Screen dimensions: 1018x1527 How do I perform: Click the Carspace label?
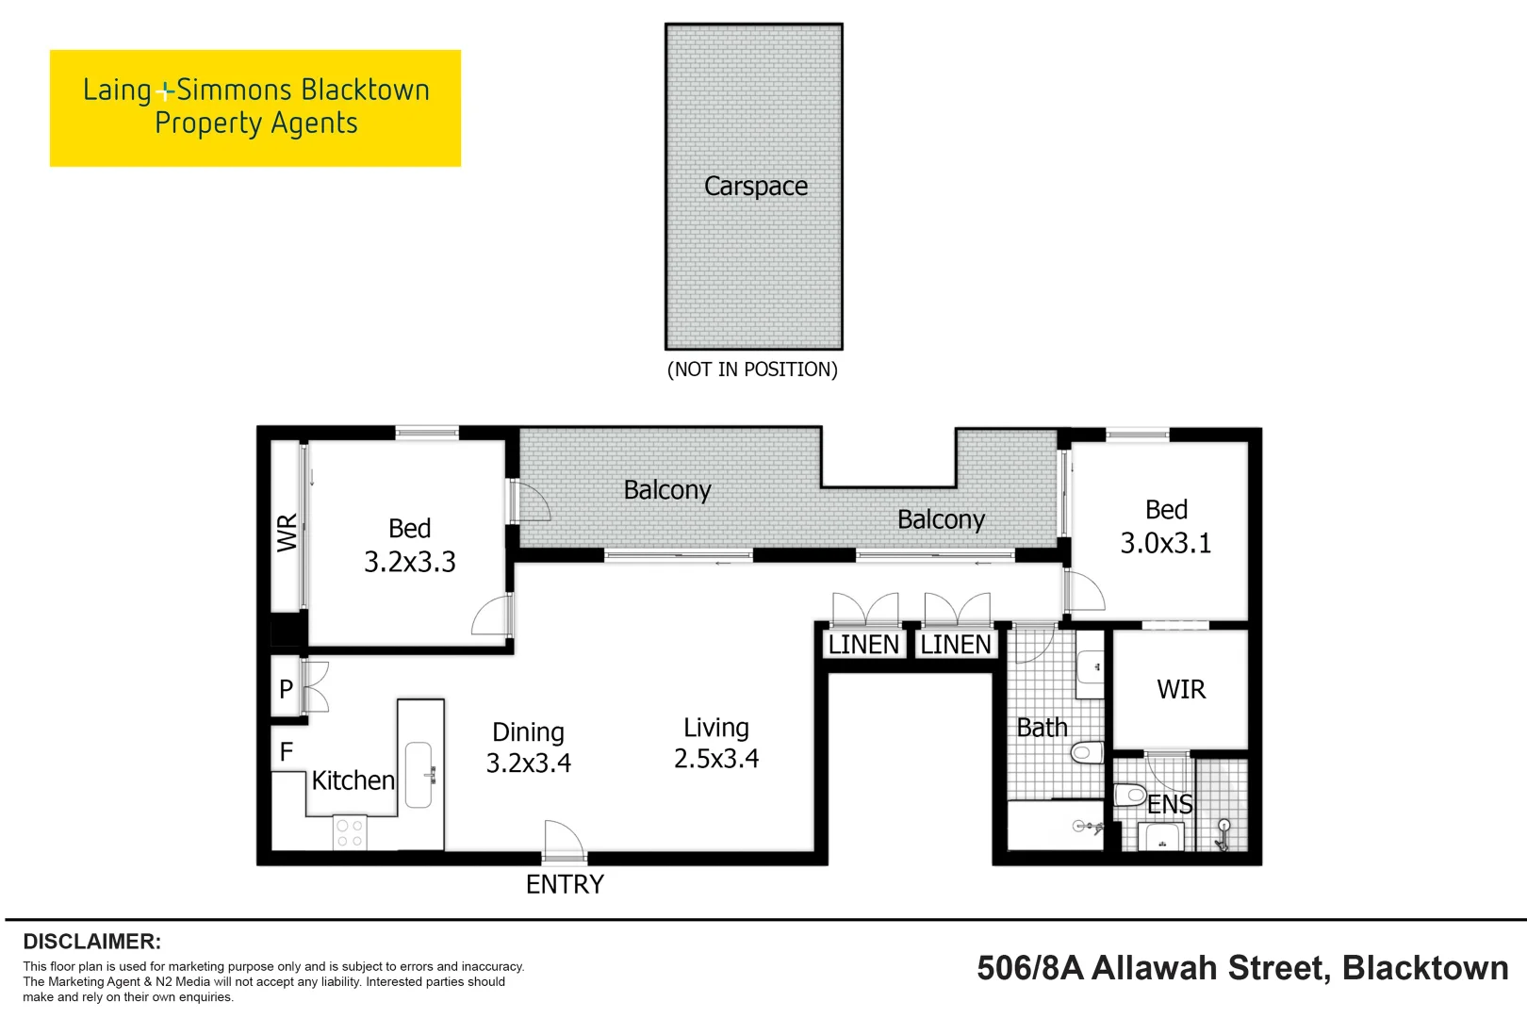tap(755, 187)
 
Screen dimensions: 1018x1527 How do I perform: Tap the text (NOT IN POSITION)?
tap(752, 369)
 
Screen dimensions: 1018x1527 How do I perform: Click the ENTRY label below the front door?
tap(565, 884)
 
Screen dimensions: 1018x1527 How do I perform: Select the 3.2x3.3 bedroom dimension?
tap(410, 562)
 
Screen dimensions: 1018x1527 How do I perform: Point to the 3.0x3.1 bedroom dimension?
tap(1165, 543)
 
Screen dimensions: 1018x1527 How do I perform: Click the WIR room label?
tap(1181, 689)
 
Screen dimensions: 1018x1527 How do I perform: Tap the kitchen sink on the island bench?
tap(419, 775)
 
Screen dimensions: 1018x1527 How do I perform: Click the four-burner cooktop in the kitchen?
tap(350, 833)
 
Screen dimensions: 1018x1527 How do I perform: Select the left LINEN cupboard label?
tap(863, 645)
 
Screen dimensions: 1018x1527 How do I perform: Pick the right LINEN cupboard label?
tap(956, 645)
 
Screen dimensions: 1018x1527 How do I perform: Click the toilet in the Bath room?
tap(1087, 752)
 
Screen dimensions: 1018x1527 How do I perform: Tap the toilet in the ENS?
tap(1130, 795)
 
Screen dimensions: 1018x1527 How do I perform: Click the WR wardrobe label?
tap(287, 533)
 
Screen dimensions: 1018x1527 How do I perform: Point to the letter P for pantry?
tap(287, 689)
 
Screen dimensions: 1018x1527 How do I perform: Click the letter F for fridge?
tap(287, 751)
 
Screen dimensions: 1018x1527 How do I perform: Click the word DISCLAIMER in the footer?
tap(91, 942)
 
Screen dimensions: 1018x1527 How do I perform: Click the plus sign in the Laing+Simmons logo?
tap(166, 91)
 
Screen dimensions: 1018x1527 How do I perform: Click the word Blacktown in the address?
tap(1424, 968)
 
